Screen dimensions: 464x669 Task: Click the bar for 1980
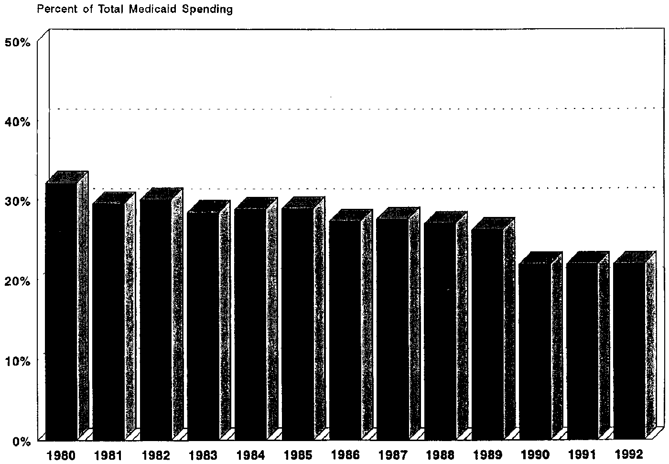pos(61,311)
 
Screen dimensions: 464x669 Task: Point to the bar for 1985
pos(298,323)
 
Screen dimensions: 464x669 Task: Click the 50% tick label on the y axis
pos(18,42)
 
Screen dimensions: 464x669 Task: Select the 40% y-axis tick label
pos(18,122)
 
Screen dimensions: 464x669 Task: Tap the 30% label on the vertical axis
pos(18,201)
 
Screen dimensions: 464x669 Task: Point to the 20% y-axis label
pos(18,281)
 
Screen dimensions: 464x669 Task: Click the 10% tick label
pos(18,360)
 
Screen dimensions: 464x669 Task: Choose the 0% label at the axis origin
pos(22,440)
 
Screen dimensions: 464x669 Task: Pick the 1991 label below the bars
pos(583,454)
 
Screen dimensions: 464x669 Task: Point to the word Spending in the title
pos(210,10)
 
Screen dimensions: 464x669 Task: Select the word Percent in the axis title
pos(52,9)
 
